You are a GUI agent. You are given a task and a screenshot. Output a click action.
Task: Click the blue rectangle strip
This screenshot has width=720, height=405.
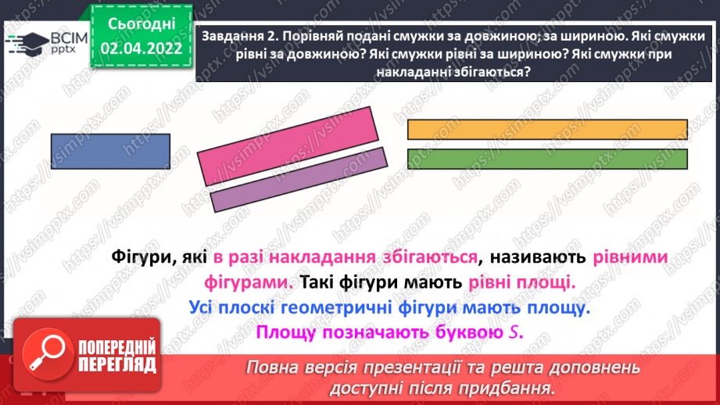[110, 151]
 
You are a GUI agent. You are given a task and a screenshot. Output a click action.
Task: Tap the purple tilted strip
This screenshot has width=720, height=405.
[299, 180]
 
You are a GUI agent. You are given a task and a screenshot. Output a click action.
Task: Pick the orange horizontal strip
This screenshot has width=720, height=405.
[547, 129]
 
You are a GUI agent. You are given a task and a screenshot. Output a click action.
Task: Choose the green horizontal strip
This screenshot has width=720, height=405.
[547, 159]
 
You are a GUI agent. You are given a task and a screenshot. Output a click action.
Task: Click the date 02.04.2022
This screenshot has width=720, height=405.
[141, 48]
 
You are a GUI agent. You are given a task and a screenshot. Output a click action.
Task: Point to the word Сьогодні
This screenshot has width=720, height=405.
[141, 24]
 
